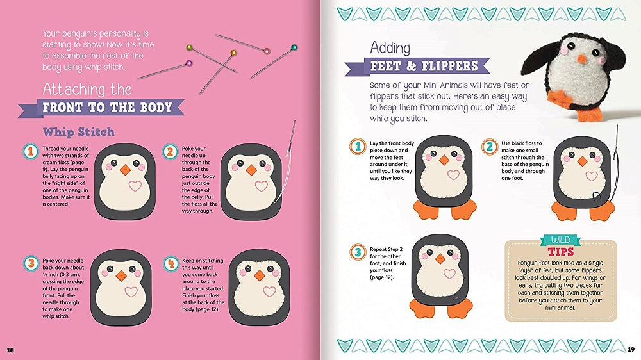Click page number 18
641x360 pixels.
pos(10,350)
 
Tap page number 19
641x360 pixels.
pos(631,349)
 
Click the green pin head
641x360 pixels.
pos(294,47)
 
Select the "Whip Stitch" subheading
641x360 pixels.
pos(78,132)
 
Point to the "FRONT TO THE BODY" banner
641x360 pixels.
pos(101,108)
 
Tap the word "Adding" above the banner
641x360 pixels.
pos(390,48)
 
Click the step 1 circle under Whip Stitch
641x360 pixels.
pos(30,152)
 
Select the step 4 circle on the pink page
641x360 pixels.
pos(171,264)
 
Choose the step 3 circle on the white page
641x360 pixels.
pos(358,252)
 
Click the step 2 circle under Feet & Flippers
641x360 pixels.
pos(489,147)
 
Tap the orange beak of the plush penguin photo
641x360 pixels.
pos(581,59)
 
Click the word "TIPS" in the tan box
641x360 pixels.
pos(560,251)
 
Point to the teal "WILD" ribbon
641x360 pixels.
pos(560,240)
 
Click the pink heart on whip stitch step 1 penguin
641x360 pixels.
pos(135,186)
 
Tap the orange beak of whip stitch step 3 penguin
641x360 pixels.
pos(121,275)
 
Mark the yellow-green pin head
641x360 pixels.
pos(189,48)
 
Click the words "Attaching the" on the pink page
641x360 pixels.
pos(87,89)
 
